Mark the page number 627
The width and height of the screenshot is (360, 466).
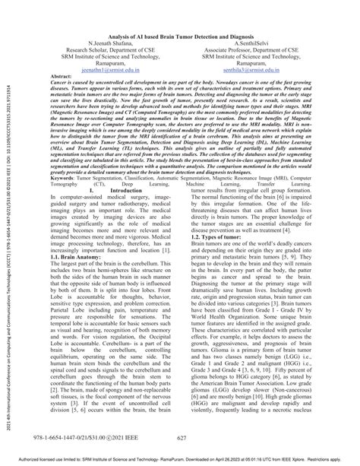tap(181, 439)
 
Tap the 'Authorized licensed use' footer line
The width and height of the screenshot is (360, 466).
tap(180, 460)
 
